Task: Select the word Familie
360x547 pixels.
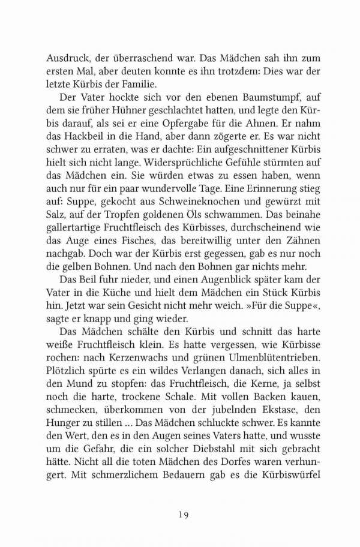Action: [x=145, y=83]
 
